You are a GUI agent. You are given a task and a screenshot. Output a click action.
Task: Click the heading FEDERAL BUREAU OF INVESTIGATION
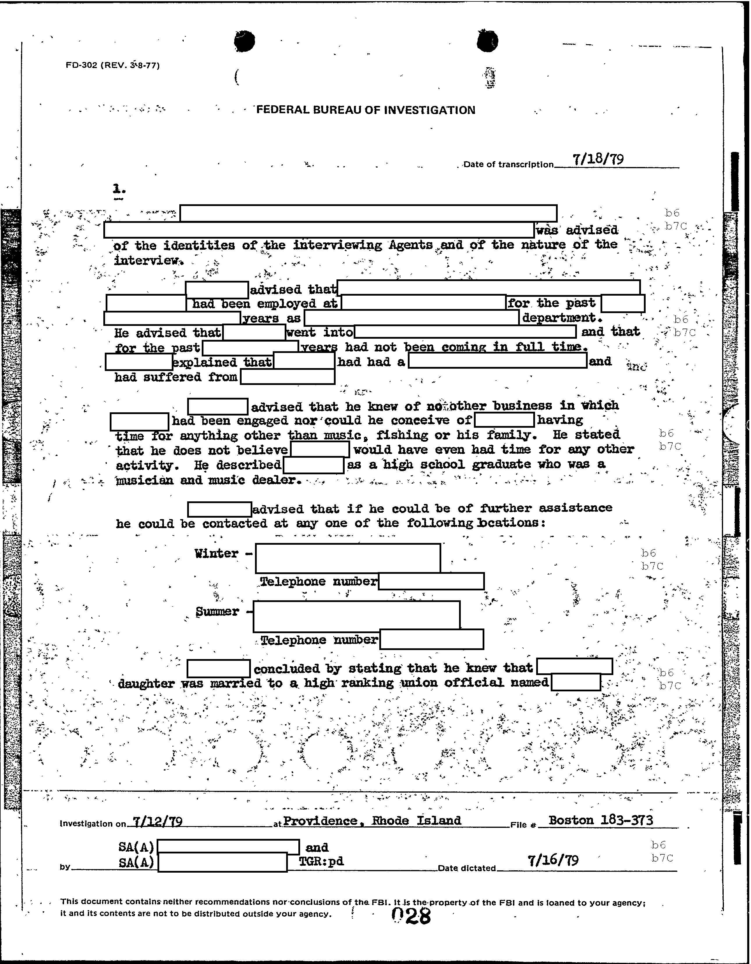coord(366,110)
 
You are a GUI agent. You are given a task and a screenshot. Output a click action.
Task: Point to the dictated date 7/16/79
coord(553,860)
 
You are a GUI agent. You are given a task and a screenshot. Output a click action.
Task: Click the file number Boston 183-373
coord(601,820)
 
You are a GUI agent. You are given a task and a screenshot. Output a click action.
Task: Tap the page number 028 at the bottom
coord(411,917)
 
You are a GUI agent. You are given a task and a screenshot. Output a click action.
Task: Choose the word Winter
coord(216,553)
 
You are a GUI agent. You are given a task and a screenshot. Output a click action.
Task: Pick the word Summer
coord(217,612)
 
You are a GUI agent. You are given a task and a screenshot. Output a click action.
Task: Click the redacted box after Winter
coord(348,558)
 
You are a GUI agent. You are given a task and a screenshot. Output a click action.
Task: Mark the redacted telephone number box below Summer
coord(431,639)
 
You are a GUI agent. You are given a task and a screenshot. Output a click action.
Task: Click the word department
coord(562,318)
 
